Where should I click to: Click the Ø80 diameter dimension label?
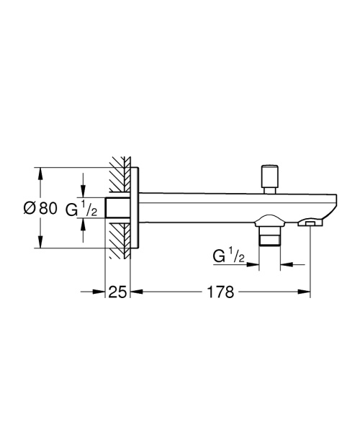pyautogui.click(x=39, y=209)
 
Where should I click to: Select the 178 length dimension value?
pyautogui.click(x=220, y=292)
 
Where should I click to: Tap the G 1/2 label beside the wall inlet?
pyautogui.click(x=81, y=210)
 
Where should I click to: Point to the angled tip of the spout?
pyautogui.click(x=332, y=205)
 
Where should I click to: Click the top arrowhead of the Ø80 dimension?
pyautogui.click(x=39, y=173)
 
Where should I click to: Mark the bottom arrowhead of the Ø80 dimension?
pyautogui.click(x=39, y=244)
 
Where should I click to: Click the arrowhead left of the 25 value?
pyautogui.click(x=101, y=292)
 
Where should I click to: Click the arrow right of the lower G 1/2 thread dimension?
pyautogui.click(x=285, y=265)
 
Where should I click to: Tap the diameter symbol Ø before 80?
pyautogui.click(x=28, y=209)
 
